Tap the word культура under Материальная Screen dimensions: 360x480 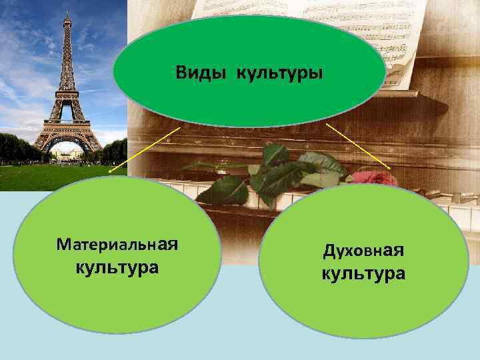point(117,267)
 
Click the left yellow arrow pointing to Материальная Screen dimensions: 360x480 point(143,150)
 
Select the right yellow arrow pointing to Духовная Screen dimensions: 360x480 point(358,145)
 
